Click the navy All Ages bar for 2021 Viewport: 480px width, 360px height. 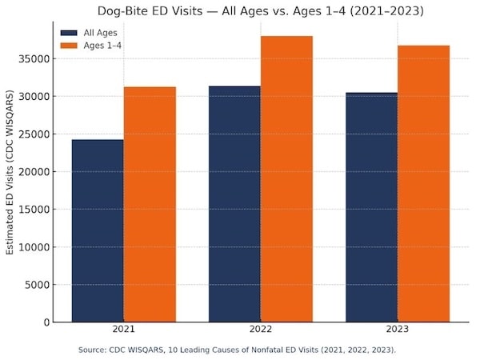(98, 231)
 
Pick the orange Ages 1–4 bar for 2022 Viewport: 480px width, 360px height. (286, 179)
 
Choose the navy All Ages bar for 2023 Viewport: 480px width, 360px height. (371, 207)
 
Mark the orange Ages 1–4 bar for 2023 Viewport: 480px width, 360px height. (423, 184)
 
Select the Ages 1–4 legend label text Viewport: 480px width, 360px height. (102, 46)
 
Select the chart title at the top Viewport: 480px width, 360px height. (260, 10)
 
